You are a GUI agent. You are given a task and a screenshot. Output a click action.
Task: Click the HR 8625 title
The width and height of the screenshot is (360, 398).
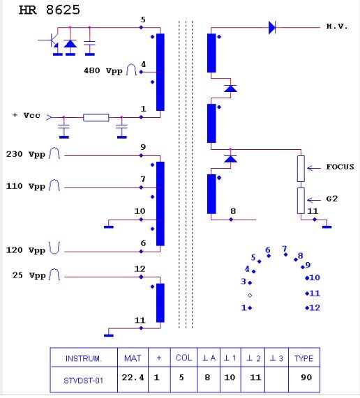pos(50,10)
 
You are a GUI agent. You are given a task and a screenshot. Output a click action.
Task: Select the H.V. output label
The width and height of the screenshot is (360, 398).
pos(337,26)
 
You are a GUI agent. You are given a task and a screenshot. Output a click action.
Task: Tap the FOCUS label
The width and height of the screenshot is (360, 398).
pos(340,167)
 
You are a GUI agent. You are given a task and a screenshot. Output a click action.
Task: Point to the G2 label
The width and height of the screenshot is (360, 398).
pos(332,199)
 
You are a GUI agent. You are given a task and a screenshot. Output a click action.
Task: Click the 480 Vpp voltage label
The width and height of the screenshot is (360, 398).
pos(103,70)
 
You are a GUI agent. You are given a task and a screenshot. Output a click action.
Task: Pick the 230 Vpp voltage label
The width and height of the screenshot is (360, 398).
pos(25,154)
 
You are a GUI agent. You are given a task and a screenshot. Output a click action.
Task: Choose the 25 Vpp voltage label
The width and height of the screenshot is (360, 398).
pos(29,275)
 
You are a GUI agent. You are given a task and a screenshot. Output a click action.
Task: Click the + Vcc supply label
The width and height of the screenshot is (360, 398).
pos(27,115)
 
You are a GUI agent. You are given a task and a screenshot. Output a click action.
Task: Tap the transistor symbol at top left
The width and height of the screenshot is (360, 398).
pos(52,41)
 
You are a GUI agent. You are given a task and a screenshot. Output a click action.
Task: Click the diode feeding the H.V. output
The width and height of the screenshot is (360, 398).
pos(272,27)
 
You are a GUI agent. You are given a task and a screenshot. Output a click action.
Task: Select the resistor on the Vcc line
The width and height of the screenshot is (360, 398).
pos(96,118)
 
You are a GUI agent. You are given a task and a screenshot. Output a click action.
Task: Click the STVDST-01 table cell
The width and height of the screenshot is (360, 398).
pos(83,381)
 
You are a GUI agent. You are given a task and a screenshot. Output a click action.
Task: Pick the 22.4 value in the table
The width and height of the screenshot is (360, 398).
pos(133,378)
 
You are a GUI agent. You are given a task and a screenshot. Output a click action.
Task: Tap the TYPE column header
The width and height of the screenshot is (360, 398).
pos(303,358)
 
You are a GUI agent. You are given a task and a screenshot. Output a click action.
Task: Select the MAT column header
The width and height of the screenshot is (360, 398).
pos(133,358)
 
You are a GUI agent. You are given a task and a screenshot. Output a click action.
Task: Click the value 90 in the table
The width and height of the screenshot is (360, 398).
pos(306,378)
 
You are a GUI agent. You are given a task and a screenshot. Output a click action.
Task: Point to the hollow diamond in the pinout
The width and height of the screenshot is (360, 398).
pos(250,296)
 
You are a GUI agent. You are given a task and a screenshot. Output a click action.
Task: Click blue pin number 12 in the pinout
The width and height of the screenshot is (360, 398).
pos(315,307)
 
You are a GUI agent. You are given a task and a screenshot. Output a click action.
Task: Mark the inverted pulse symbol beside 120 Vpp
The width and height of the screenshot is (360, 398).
pos(54,247)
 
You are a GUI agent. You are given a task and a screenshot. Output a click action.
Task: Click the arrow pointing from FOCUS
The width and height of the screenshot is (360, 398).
pos(314,168)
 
